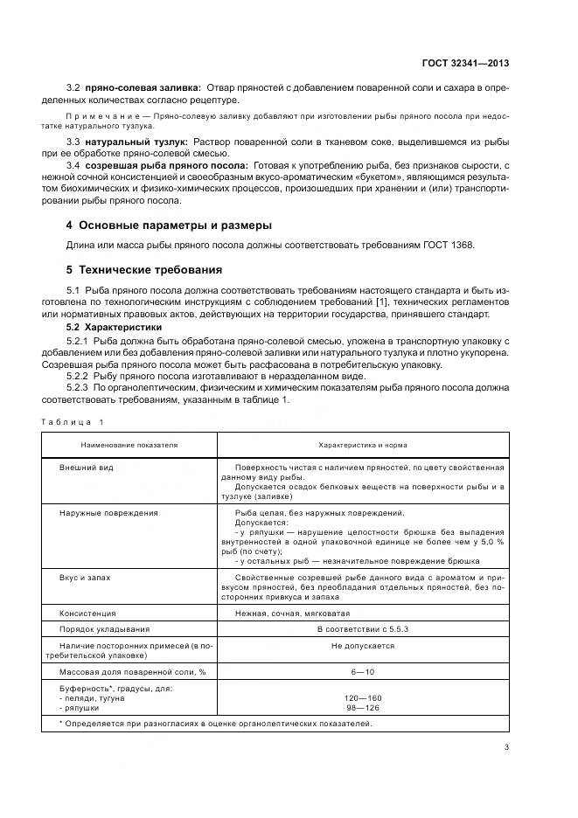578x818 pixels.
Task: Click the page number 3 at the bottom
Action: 507,746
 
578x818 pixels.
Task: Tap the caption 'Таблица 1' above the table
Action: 73,422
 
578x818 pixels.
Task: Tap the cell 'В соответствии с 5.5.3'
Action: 362,629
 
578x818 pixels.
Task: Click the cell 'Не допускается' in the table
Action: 362,646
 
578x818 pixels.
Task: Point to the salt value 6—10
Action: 362,672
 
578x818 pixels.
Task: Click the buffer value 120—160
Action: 362,698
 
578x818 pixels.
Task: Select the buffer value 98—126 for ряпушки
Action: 362,707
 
